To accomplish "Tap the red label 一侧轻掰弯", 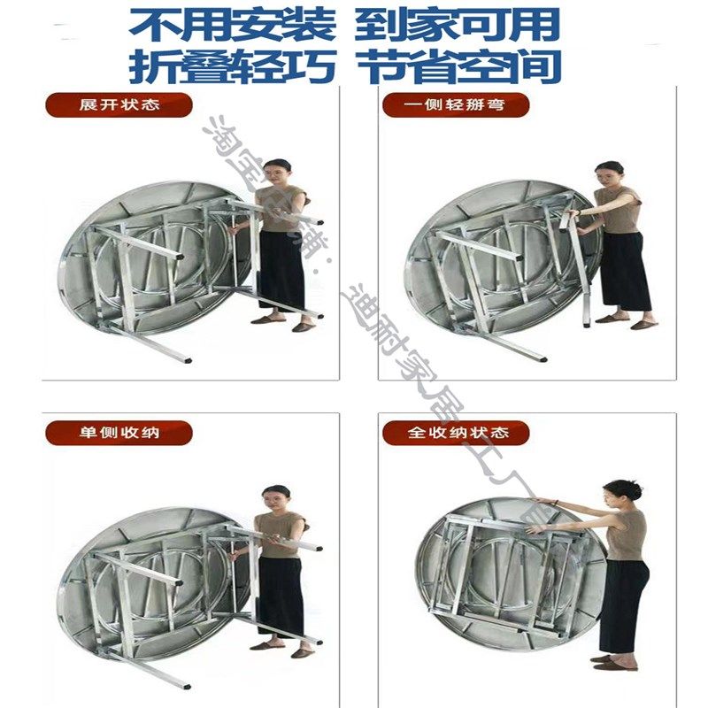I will pyautogui.click(x=456, y=104).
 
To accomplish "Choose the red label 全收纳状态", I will pyautogui.click(x=456, y=434).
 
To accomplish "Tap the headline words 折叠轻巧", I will pyautogui.click(x=233, y=66).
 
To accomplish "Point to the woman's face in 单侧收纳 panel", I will pyautogui.click(x=276, y=497).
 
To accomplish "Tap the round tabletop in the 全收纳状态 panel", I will pyautogui.click(x=496, y=575).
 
